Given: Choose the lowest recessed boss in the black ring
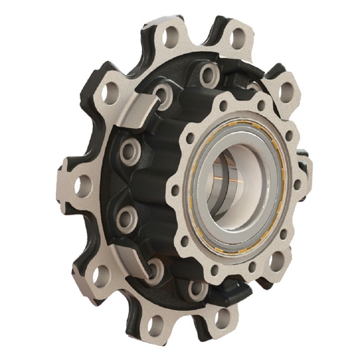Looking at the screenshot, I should click(x=196, y=287).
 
